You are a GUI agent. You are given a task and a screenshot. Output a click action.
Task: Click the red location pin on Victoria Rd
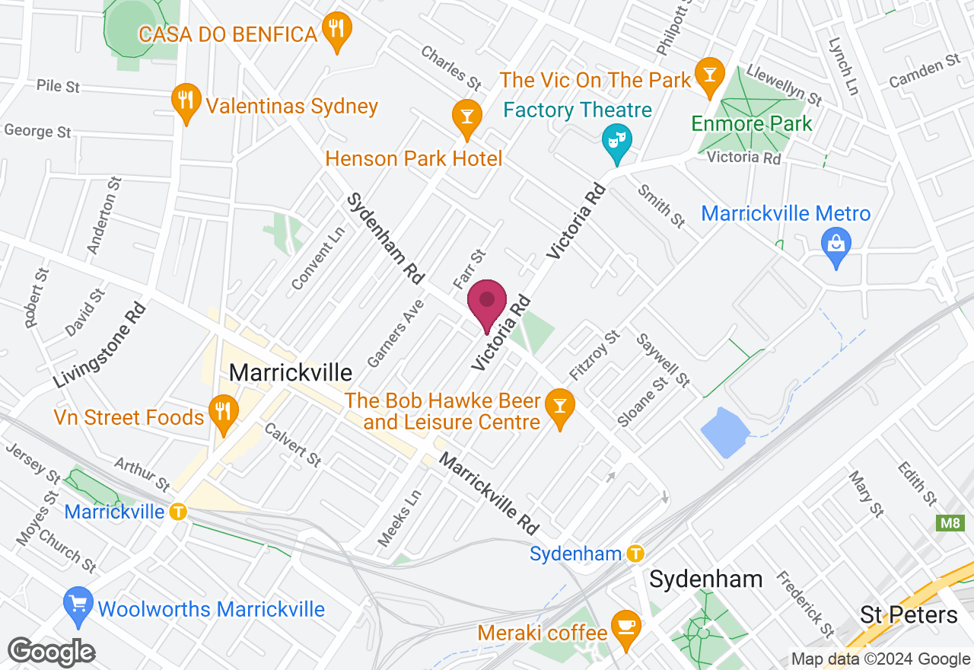point(487,303)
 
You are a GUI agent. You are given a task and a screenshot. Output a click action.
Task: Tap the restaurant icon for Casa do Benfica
point(336,30)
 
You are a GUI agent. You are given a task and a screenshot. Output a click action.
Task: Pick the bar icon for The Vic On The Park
point(709,75)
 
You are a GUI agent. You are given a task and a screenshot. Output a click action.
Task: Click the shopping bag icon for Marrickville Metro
point(836,245)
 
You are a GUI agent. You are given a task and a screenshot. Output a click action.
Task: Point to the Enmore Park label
point(753,123)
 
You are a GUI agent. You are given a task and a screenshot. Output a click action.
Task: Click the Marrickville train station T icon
point(178,512)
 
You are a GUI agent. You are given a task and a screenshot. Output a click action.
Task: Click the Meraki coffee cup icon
point(625,627)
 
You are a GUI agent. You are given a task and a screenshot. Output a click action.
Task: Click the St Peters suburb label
point(909,614)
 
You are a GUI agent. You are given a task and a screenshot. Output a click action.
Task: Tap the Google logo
point(51,652)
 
